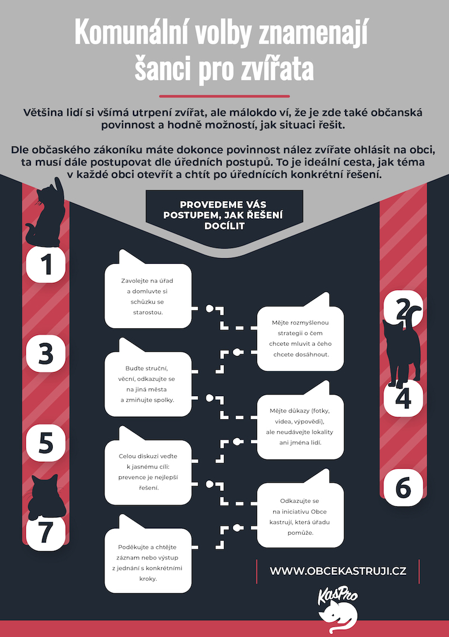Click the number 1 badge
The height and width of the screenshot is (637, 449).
45,264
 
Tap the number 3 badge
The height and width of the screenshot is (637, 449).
45,354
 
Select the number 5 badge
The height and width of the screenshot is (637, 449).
45,443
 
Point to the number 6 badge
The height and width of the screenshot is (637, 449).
403,488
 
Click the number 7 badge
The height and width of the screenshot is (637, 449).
45,532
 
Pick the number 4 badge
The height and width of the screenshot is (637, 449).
403,398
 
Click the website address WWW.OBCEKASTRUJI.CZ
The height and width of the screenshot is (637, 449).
338,571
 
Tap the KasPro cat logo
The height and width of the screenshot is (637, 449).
338,609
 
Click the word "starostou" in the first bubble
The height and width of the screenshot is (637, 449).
148,313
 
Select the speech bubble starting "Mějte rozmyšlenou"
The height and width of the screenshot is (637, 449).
300,338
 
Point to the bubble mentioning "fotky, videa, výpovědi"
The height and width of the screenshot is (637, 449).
300,426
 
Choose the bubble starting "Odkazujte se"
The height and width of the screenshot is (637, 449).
300,514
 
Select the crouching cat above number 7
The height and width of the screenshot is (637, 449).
45,498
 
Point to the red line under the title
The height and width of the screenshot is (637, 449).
224,97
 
